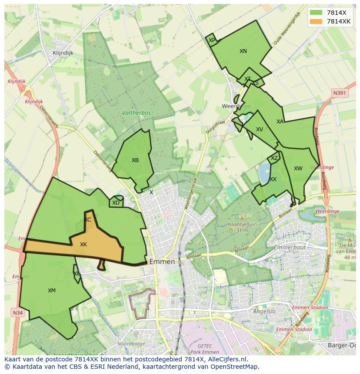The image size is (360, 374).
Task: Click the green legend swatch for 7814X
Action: (317, 13)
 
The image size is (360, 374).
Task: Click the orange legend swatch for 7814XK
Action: (317, 22)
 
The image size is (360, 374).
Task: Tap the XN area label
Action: (243, 51)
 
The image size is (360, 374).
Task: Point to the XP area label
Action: (212, 40)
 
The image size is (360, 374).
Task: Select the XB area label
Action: (135, 160)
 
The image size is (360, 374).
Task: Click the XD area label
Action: (116, 203)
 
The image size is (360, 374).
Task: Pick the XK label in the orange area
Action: (83, 245)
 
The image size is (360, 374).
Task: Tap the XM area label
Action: (52, 291)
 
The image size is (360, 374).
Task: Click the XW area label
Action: (298, 169)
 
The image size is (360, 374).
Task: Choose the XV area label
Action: (260, 129)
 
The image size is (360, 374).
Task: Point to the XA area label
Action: (280, 122)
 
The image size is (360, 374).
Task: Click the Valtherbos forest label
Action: (137, 113)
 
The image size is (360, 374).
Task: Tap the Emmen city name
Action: (162, 262)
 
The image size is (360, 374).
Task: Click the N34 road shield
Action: (17, 313)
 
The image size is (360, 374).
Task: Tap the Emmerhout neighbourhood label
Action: (290, 248)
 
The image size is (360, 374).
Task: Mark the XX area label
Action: (273, 179)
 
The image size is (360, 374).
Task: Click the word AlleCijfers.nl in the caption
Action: (227, 360)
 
